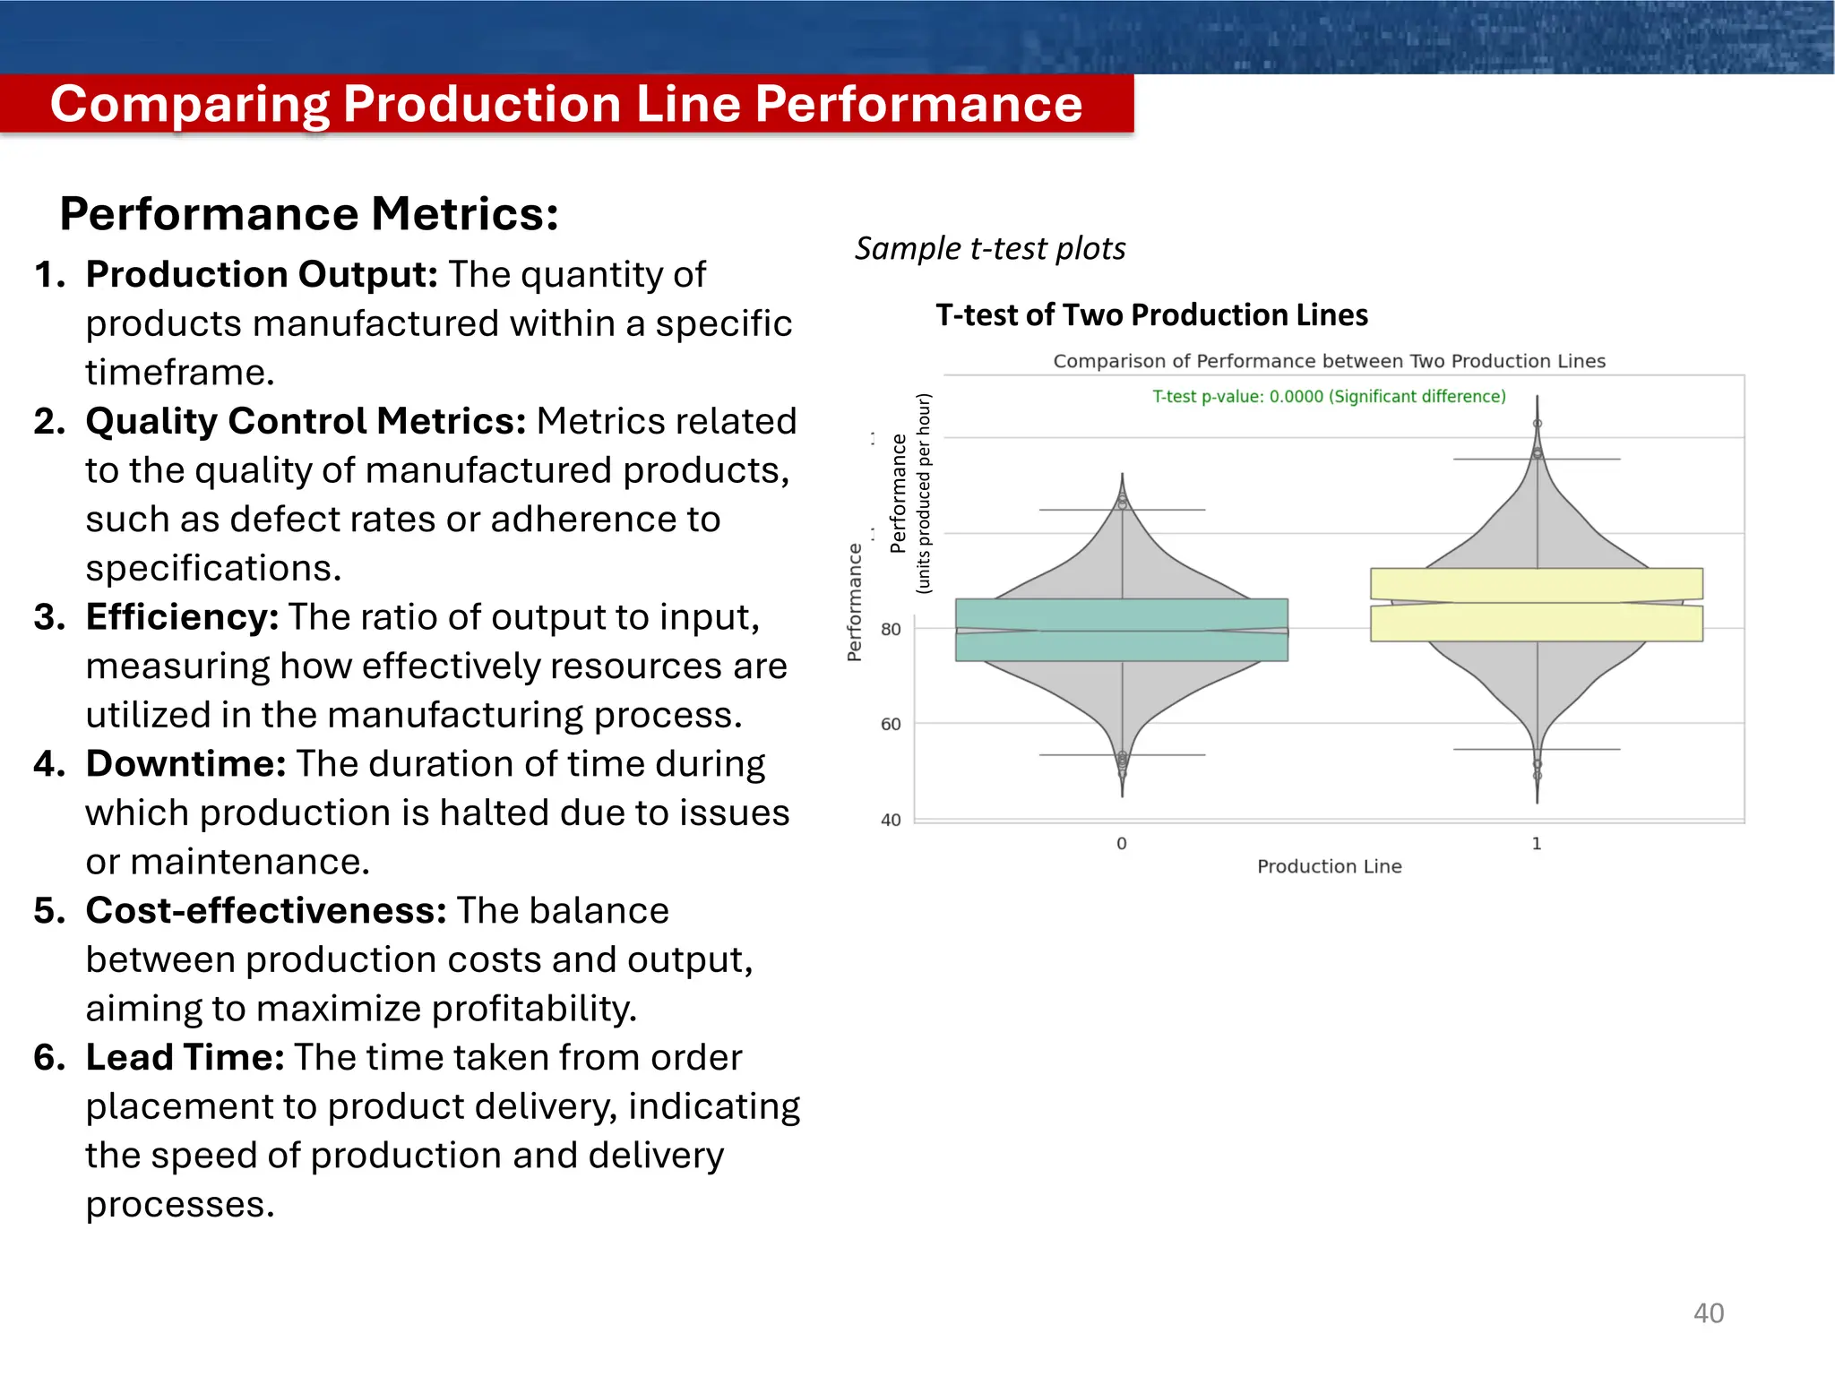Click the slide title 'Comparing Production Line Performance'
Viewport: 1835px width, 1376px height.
(x=566, y=104)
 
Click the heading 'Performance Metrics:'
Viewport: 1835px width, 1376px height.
(x=309, y=214)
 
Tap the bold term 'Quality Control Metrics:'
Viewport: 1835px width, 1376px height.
(x=306, y=421)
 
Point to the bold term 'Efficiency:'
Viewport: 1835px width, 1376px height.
(x=182, y=617)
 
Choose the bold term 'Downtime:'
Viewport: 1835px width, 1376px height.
(x=185, y=764)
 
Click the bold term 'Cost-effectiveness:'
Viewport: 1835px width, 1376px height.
(x=266, y=911)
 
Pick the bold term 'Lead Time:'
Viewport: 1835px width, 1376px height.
(x=185, y=1058)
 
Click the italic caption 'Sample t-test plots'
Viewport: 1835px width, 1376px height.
(x=990, y=248)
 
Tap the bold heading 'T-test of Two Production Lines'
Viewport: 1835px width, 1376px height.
(x=1151, y=315)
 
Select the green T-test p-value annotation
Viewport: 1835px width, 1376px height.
(x=1329, y=397)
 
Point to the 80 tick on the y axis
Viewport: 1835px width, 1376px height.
(x=891, y=630)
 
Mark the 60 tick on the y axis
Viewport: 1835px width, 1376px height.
(x=891, y=724)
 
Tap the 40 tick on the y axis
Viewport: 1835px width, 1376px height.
(x=891, y=820)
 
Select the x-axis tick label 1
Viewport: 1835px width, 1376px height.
(x=1537, y=844)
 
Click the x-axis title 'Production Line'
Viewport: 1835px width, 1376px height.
(x=1329, y=866)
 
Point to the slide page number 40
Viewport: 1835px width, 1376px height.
(x=1708, y=1313)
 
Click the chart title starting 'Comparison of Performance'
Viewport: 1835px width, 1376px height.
(x=1329, y=361)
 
